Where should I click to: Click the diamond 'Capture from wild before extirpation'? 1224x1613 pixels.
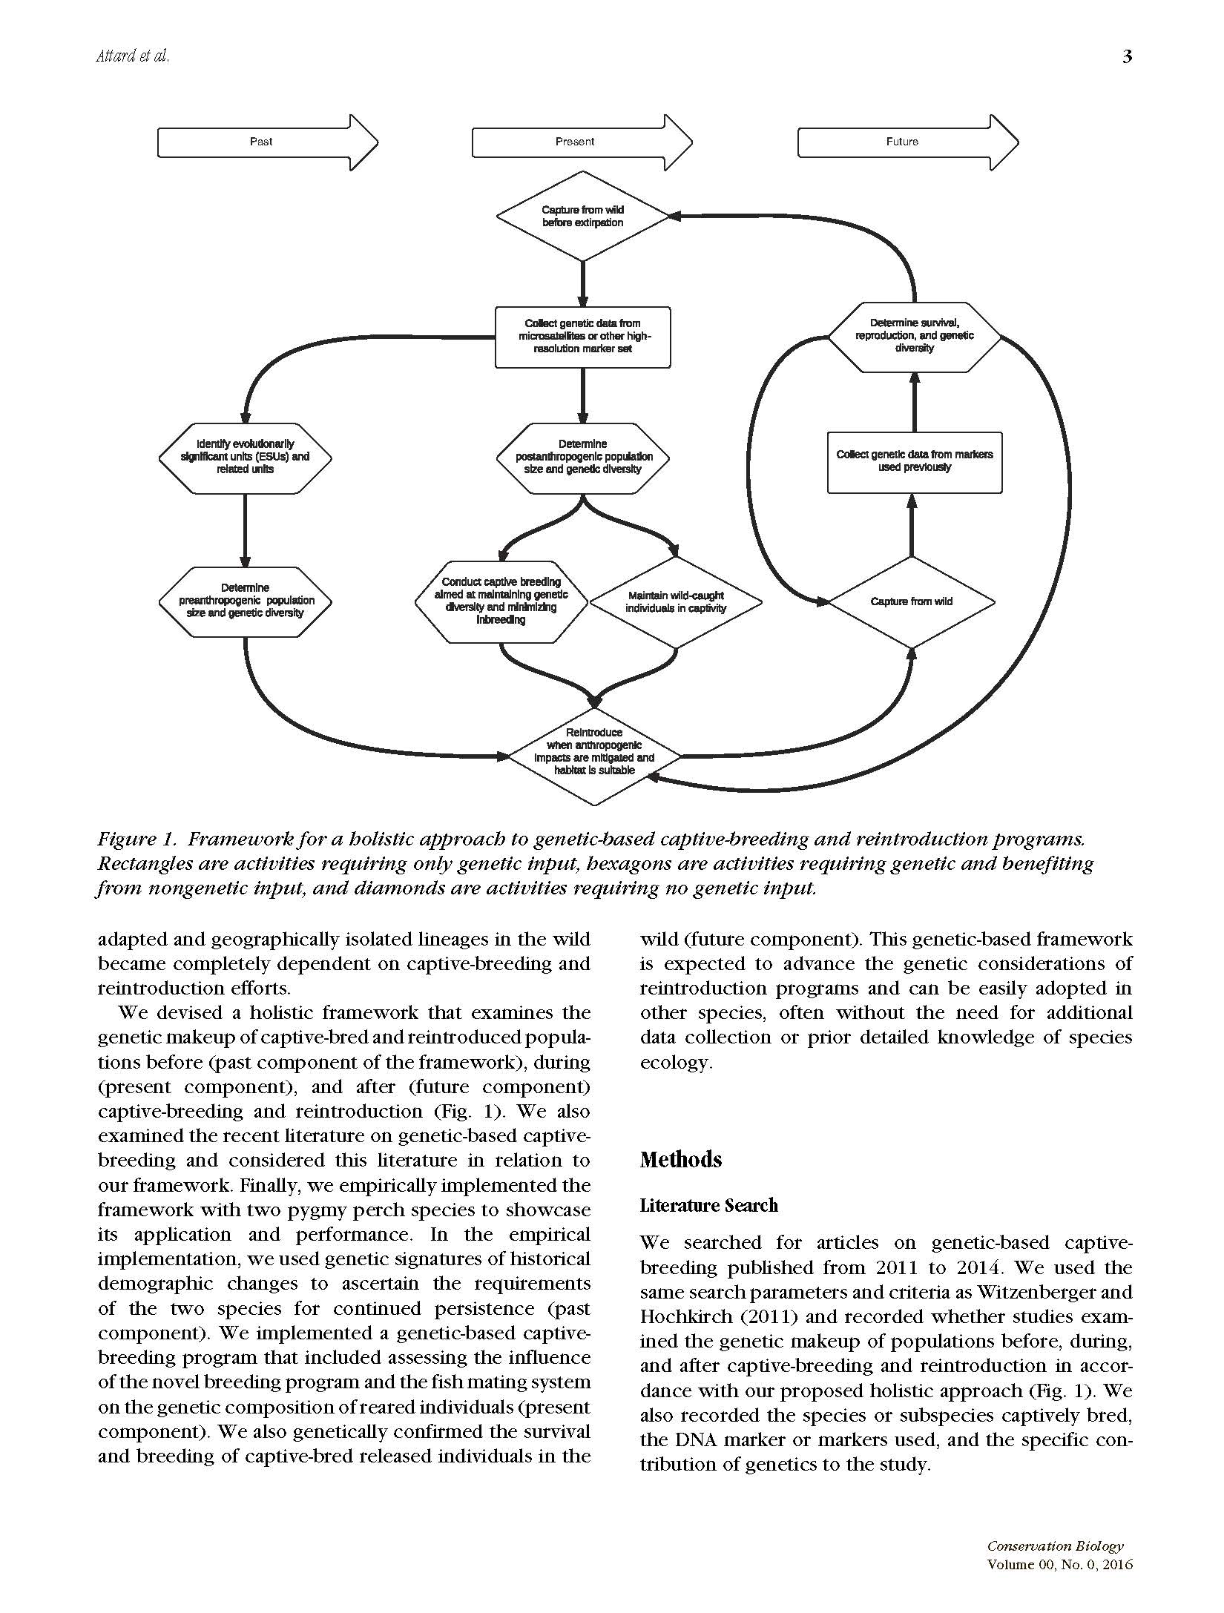click(582, 216)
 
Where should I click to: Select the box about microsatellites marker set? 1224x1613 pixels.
click(582, 337)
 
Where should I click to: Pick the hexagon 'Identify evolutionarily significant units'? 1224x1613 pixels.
click(245, 457)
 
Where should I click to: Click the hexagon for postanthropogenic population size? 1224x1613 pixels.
click(583, 457)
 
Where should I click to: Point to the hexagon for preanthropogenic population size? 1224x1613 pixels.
click(245, 601)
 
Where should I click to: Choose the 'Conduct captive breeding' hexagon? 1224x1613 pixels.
click(501, 601)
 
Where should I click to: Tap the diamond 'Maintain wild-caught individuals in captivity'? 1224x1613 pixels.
click(675, 601)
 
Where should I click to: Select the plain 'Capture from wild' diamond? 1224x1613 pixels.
click(911, 601)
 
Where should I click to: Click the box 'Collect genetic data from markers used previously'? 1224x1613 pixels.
click(914, 461)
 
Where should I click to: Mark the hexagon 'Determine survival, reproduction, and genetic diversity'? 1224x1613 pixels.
click(914, 336)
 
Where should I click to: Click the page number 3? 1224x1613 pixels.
click(1127, 57)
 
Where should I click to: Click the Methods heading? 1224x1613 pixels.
click(680, 1159)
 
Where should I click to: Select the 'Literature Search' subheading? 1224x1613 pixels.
click(708, 1205)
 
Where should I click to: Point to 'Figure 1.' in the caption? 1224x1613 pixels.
click(136, 839)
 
